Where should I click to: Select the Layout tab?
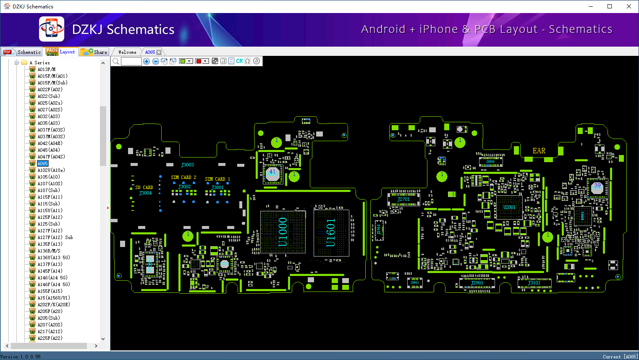[x=61, y=52]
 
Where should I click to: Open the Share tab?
[x=94, y=52]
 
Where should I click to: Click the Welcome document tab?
[x=127, y=52]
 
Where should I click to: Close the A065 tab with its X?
[x=159, y=53]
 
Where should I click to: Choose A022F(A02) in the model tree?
[x=50, y=89]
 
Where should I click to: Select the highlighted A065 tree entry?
[x=43, y=163]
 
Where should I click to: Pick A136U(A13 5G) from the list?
[x=54, y=258]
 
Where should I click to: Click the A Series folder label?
[x=39, y=63]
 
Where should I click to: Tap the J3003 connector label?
[x=188, y=165]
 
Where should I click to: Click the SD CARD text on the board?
[x=144, y=187]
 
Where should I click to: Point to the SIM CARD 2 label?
[x=183, y=177]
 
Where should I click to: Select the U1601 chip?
[x=331, y=233]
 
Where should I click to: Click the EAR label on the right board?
[x=539, y=151]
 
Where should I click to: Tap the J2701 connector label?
[x=403, y=200]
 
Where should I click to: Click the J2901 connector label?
[x=477, y=283]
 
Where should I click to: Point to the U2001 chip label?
[x=509, y=207]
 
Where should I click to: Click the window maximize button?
[x=610, y=6]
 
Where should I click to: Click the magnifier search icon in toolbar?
[x=116, y=61]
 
